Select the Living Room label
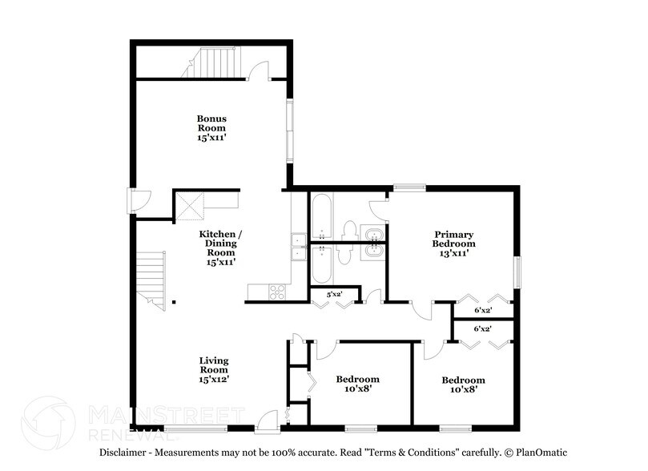coord(214,370)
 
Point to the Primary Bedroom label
coord(453,238)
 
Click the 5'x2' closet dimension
coord(334,294)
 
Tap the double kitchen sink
coord(296,247)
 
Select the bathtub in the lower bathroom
coord(321,264)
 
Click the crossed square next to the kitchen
coord(191,205)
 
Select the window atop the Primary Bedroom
coord(409,188)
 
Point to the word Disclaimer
coord(125,453)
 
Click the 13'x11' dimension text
coord(453,253)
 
